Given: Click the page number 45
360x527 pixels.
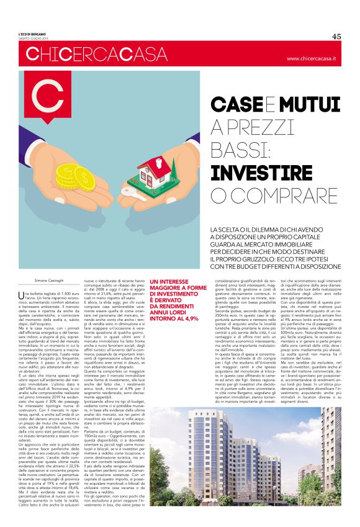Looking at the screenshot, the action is pyautogui.click(x=336, y=36).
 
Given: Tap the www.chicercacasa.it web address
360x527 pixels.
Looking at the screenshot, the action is pyautogui.click(x=311, y=58).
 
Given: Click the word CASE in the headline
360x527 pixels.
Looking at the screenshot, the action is pyautogui.click(x=233, y=102).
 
